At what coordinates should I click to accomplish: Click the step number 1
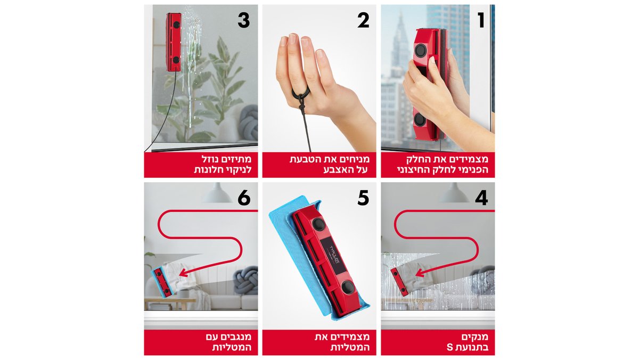tap(481, 20)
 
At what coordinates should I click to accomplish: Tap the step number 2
tap(363, 20)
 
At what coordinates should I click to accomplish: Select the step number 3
tap(243, 20)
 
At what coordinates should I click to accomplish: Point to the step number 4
tap(481, 198)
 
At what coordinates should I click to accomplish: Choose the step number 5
tap(363, 198)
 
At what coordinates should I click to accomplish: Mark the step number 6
tap(244, 198)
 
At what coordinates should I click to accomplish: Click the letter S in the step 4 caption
tap(449, 349)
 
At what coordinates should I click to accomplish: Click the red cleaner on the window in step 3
tap(173, 42)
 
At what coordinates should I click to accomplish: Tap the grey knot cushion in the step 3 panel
tap(248, 122)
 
